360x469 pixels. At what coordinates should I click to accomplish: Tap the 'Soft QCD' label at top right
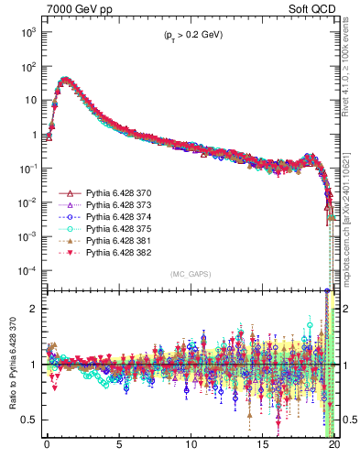point(314,8)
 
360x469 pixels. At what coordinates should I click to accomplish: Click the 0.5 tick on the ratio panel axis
point(29,420)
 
